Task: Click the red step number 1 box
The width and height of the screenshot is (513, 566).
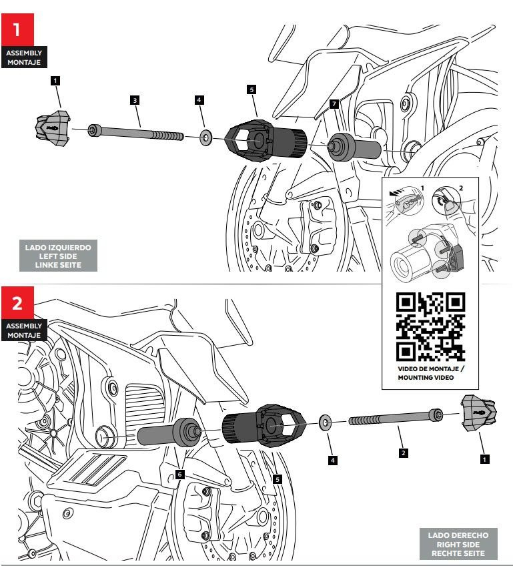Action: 17,29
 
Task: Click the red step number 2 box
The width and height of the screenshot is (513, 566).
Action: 17,302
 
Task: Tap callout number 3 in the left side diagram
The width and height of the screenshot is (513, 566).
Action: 135,100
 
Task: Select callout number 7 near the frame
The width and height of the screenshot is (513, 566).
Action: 334,104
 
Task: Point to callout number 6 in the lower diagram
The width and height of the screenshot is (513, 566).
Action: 179,475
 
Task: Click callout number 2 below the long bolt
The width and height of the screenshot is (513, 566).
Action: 404,453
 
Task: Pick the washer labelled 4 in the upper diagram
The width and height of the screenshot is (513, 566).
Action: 206,138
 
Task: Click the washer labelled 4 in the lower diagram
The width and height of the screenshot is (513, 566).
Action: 325,422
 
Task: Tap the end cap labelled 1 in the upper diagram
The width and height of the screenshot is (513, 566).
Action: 53,129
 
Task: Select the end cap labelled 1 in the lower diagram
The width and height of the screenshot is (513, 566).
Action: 479,413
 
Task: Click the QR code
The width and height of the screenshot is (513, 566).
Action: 430,326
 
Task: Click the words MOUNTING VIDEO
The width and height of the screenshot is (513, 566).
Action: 426,378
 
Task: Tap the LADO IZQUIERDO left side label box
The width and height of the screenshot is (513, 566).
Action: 58,256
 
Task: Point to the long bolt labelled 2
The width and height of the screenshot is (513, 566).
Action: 396,417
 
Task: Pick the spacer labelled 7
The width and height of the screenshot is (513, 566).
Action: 354,148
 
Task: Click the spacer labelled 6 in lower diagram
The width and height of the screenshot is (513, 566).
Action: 169,433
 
